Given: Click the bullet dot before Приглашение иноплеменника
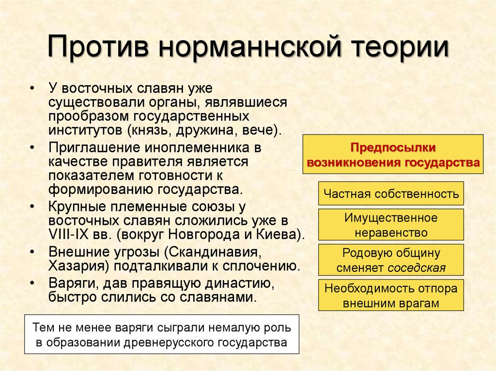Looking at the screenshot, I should (32, 146).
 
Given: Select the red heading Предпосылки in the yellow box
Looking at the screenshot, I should (393, 147).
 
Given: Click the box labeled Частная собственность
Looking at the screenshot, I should (391, 194).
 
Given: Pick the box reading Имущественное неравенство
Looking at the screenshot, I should (391, 225).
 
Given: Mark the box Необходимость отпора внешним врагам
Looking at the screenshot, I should (391, 296).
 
